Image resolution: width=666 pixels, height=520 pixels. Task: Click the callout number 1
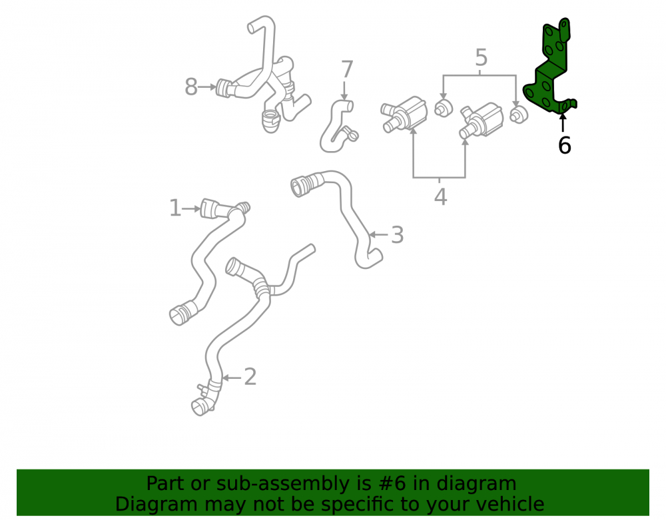(x=174, y=208)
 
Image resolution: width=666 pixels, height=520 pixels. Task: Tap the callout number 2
(x=250, y=377)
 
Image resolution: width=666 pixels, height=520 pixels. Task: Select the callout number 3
(x=397, y=235)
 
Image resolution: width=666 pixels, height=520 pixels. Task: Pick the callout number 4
(x=440, y=197)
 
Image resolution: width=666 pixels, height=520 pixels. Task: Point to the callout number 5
(x=481, y=57)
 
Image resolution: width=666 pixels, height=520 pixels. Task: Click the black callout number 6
(x=565, y=145)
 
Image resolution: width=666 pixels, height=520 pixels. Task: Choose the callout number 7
(x=347, y=69)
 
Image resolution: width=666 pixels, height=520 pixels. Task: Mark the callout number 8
(x=191, y=87)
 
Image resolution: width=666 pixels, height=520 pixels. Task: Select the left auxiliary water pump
(x=404, y=113)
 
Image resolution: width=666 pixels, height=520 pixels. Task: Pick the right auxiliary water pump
(x=482, y=121)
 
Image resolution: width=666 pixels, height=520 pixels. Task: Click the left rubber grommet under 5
(x=443, y=108)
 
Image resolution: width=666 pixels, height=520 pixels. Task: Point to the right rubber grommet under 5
(x=518, y=115)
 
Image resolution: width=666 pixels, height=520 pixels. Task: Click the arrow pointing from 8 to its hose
(x=207, y=87)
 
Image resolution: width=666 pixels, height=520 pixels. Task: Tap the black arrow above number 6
(x=563, y=123)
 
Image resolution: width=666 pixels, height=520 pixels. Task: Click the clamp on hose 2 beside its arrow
(x=214, y=386)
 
